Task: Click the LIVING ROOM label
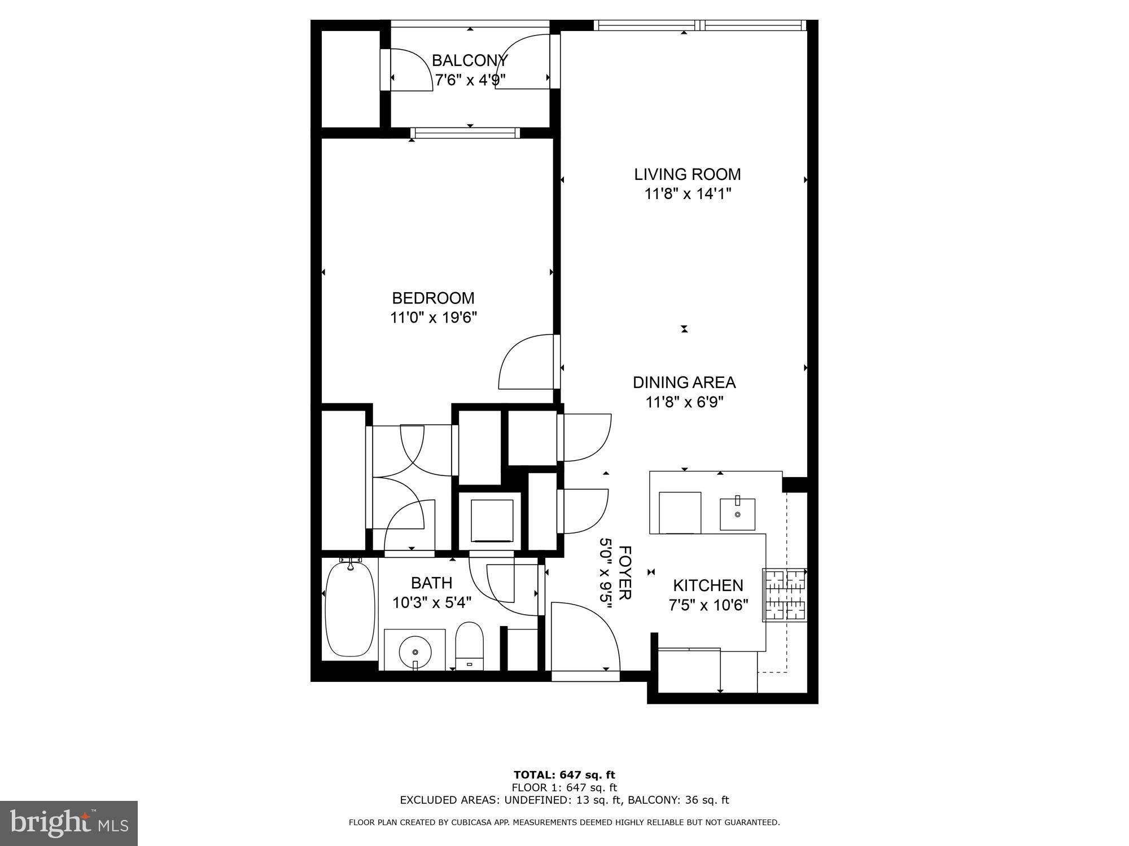click(687, 174)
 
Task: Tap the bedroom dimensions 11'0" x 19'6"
click(434, 318)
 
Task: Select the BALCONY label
click(470, 60)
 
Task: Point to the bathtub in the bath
click(350, 609)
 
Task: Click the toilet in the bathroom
click(470, 646)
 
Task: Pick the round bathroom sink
click(415, 651)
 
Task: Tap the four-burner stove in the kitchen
click(785, 595)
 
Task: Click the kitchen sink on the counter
click(737, 514)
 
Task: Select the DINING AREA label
click(684, 382)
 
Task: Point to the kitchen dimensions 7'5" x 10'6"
click(708, 606)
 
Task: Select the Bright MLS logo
click(69, 823)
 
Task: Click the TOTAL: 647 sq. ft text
click(564, 775)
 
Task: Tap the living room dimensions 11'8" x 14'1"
click(688, 194)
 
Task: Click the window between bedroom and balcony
click(465, 133)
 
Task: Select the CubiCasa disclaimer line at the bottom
click(564, 822)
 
